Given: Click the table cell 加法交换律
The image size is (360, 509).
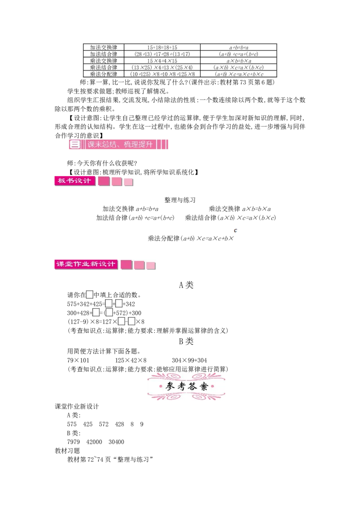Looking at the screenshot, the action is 103,47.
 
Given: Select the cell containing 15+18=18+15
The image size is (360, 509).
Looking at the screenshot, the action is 162,47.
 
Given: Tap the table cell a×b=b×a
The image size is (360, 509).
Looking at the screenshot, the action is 239,61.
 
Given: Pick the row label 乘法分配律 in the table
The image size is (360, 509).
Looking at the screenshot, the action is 103,74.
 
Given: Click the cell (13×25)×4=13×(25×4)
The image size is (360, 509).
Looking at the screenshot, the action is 162,67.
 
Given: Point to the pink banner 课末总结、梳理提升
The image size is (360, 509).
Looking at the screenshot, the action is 119,144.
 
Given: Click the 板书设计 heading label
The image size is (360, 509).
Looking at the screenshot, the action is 75,181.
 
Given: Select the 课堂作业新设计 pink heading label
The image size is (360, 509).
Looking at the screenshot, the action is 86,264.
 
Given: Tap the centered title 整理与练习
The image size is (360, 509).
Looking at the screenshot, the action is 180,200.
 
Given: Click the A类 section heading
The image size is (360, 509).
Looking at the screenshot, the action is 186,285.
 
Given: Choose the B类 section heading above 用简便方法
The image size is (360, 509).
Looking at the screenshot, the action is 186,341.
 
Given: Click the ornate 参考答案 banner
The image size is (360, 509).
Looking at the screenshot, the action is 186,386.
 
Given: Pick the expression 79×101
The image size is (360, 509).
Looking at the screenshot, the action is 78,360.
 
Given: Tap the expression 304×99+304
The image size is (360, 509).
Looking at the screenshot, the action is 189,360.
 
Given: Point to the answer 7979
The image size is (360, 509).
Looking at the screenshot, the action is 73,442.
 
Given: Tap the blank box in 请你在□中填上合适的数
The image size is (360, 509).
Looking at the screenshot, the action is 90,295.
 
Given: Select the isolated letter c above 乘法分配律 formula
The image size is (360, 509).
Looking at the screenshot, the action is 235,231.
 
